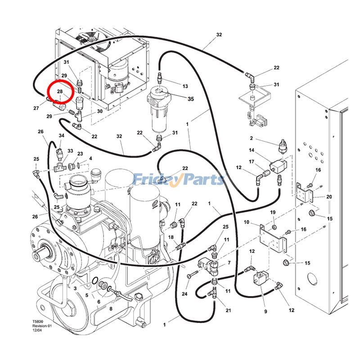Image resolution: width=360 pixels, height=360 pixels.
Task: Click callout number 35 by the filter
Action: coord(191,99)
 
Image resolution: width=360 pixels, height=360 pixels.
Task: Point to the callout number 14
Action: coord(252,150)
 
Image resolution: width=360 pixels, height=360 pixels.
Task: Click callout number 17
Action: coord(252,162)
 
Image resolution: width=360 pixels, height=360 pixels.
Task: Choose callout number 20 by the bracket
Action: coord(329,197)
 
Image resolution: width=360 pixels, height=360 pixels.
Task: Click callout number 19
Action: coord(273,212)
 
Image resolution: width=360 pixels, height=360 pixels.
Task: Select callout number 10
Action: coord(246,222)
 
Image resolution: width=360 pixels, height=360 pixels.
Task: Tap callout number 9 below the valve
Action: coord(265,311)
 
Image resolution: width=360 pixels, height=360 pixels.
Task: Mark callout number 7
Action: coord(229,263)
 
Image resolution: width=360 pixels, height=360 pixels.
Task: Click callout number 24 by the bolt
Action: coord(184,294)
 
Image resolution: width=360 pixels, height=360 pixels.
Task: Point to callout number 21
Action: coord(228,311)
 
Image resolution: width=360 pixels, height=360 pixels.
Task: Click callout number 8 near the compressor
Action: coord(111,309)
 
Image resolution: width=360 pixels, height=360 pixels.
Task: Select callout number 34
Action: coord(61,135)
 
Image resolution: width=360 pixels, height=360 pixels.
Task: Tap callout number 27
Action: coord(36,108)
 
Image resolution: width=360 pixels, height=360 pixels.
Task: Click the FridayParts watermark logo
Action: coord(179,180)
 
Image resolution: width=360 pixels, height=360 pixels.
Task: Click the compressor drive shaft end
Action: coord(45,249)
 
